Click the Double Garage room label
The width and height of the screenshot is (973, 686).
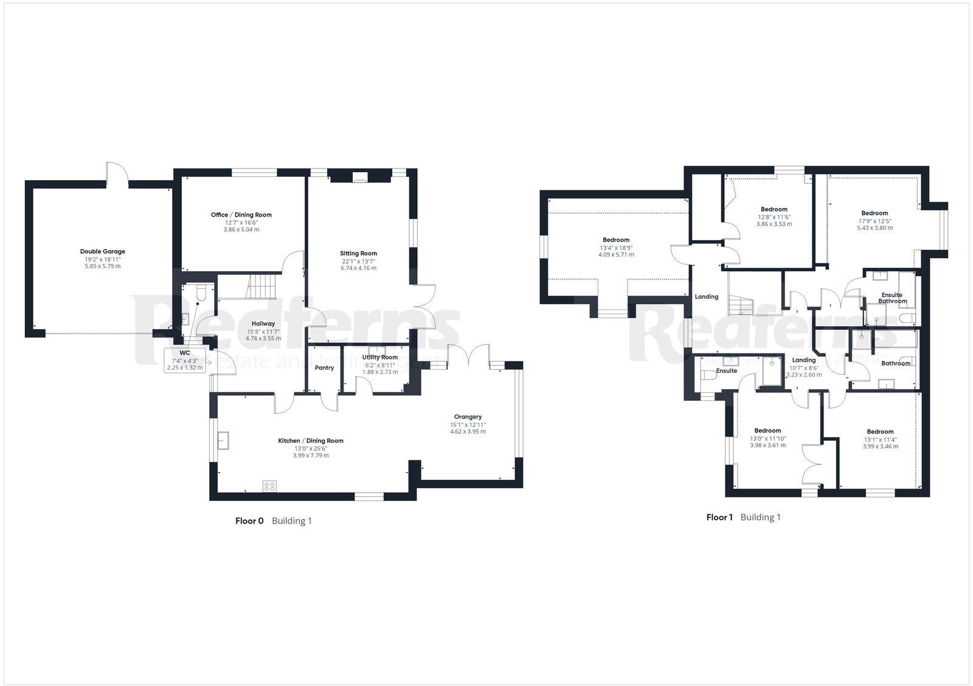pos(102,251)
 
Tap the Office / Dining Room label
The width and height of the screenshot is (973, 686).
pos(241,215)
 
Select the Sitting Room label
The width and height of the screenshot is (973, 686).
pos(358,253)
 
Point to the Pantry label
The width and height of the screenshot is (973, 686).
pos(324,367)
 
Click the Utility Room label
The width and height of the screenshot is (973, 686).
pos(379,357)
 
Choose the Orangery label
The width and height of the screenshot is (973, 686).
pos(468,417)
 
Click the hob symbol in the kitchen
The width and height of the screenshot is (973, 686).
pos(269,486)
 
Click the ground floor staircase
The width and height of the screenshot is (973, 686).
pos(260,287)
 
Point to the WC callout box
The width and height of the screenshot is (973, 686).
pos(185,360)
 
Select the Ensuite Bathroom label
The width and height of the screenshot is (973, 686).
pos(892,298)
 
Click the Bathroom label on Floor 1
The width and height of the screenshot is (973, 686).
pos(896,363)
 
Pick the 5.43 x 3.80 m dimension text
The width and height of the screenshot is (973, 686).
pos(874,228)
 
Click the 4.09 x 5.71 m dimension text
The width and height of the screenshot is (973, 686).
pos(615,255)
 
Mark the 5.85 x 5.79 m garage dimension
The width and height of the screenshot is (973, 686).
pos(102,266)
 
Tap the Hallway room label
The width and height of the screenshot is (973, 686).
pos(263,324)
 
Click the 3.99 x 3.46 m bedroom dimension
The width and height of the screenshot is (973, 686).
pos(880,446)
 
